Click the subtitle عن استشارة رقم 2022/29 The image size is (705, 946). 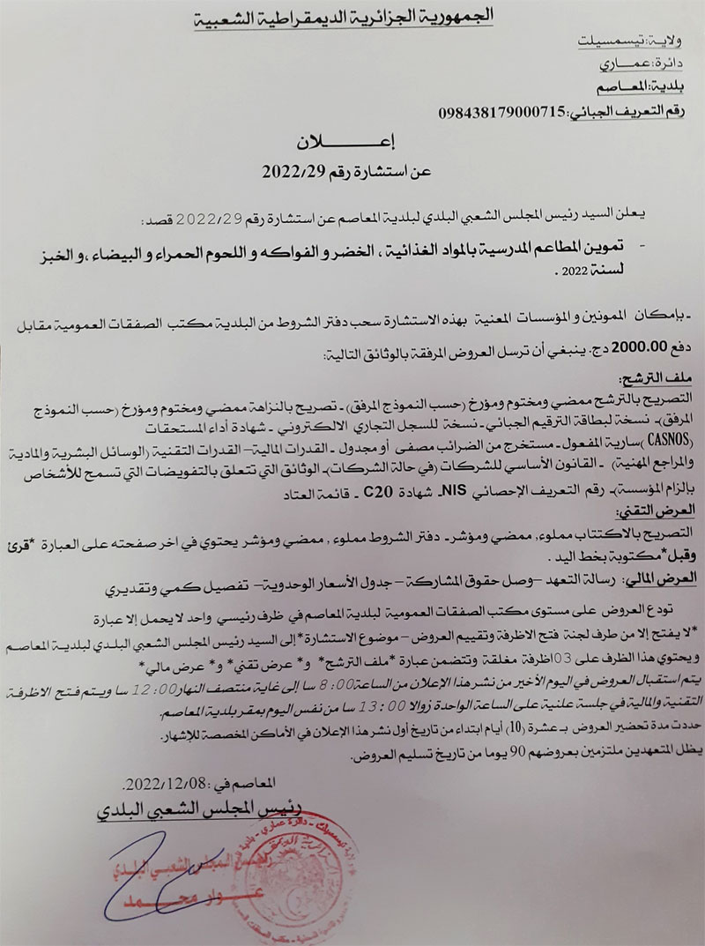tap(353, 171)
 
